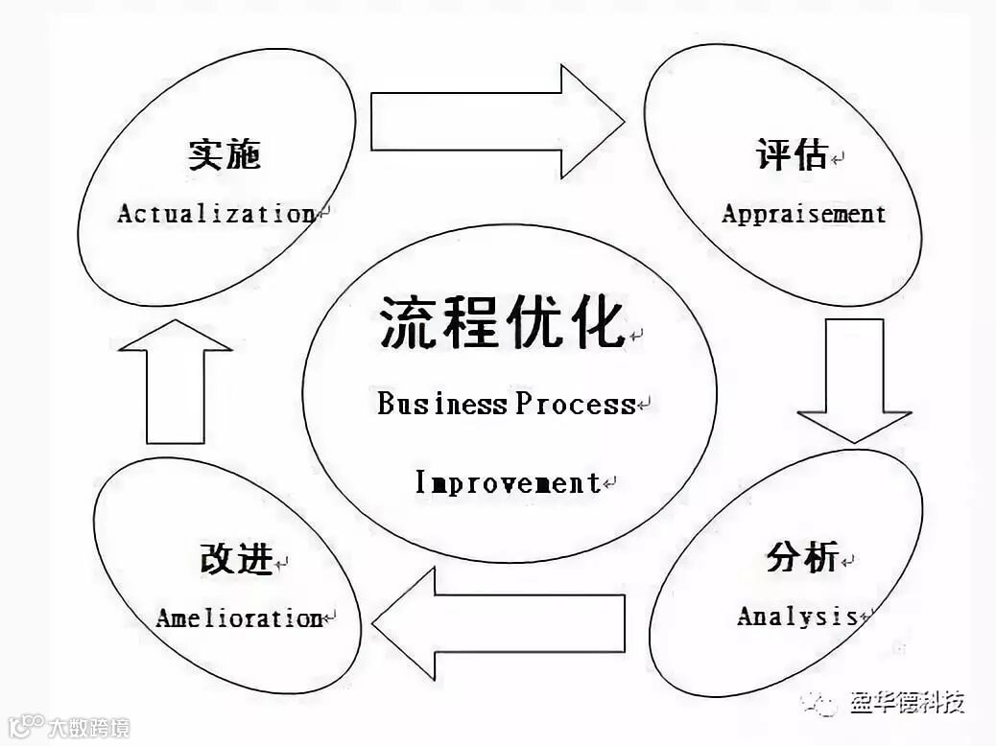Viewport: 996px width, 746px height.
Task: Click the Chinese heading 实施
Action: point(225,155)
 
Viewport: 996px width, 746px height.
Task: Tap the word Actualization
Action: point(216,213)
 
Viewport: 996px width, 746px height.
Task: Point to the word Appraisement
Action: point(803,213)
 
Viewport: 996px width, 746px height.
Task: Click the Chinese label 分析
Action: point(802,556)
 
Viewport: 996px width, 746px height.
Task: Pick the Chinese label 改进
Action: point(236,559)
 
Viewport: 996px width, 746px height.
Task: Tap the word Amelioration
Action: point(239,618)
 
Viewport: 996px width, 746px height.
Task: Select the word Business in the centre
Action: point(440,404)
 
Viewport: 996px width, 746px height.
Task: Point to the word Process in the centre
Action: point(575,404)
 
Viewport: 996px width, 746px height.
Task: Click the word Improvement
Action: point(508,482)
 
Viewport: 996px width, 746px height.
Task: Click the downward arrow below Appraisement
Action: point(854,380)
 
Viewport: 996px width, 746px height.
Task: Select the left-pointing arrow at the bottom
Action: point(499,623)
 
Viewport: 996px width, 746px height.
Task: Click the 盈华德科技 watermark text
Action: point(907,703)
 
